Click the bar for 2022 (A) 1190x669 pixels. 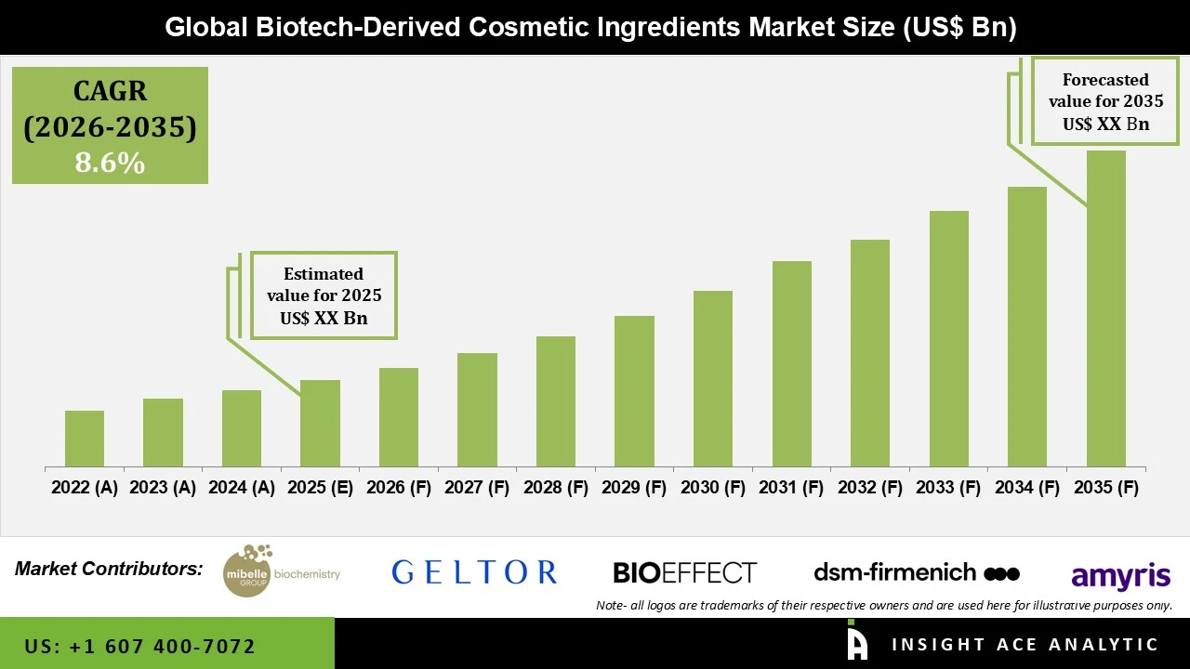click(x=85, y=439)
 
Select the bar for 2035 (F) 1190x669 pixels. click(x=1105, y=308)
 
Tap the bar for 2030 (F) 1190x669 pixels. click(x=712, y=378)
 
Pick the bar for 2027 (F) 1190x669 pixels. click(x=477, y=410)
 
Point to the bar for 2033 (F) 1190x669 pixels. click(x=948, y=338)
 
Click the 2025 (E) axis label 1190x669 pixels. click(x=320, y=488)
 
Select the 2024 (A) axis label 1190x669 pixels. click(x=242, y=488)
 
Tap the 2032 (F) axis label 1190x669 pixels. click(x=870, y=488)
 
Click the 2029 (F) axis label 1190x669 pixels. click(x=634, y=488)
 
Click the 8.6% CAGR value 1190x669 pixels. click(x=110, y=164)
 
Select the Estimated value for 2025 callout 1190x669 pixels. click(x=324, y=295)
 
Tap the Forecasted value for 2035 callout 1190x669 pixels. click(x=1105, y=101)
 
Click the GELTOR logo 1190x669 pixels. click(x=474, y=571)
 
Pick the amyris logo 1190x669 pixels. click(x=1120, y=576)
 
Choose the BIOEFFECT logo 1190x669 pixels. click(x=684, y=572)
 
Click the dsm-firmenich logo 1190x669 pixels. click(x=916, y=571)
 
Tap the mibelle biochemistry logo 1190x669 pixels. click(x=282, y=571)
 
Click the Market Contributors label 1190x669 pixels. click(x=109, y=569)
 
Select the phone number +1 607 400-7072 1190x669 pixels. click(x=140, y=646)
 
